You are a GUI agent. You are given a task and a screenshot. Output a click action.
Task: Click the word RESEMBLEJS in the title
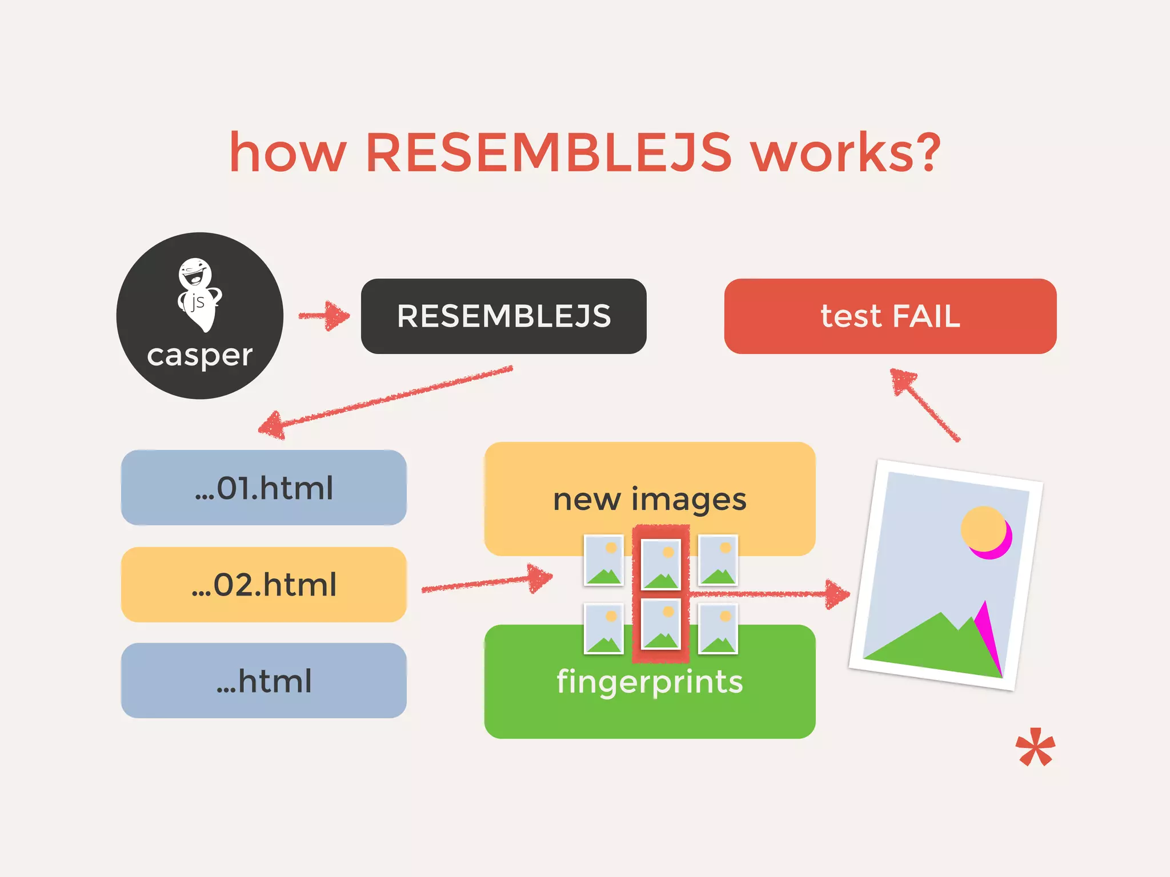tap(548, 152)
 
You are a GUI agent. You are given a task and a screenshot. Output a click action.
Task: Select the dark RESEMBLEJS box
tap(503, 316)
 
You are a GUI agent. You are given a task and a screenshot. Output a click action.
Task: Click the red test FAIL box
tap(890, 316)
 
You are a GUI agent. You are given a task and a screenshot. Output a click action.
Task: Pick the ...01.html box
tap(263, 488)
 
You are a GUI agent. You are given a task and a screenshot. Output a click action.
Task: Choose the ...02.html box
tap(263, 585)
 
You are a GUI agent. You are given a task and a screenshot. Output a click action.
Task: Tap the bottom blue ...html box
tap(263, 681)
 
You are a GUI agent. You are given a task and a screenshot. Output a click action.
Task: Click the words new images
tap(650, 500)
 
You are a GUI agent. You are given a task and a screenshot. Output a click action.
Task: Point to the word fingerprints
tap(650, 682)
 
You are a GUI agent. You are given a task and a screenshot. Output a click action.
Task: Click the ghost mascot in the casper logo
tap(198, 294)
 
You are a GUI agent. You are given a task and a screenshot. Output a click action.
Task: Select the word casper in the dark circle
tap(199, 356)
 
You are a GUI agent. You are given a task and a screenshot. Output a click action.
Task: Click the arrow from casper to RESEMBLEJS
tap(324, 316)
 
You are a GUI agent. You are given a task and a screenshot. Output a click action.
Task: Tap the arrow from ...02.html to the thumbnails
tap(486, 582)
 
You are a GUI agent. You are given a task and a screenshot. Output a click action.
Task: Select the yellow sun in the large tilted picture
tap(983, 528)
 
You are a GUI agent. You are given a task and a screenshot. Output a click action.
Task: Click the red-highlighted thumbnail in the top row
tap(661, 564)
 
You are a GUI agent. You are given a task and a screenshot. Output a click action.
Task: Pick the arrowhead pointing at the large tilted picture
tap(838, 594)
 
